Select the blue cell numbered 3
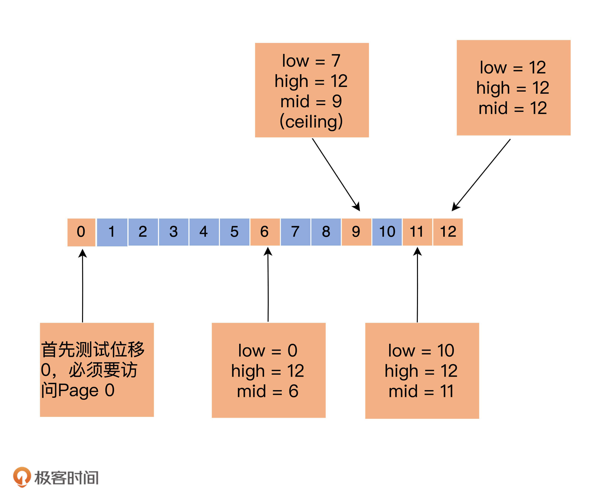(x=174, y=232)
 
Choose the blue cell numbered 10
(x=387, y=232)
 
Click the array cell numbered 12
(x=448, y=232)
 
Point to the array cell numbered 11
(x=417, y=232)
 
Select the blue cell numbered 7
(x=295, y=232)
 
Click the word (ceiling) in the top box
(x=311, y=122)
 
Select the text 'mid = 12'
(x=513, y=108)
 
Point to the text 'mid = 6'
(x=268, y=391)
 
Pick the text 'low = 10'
(x=421, y=350)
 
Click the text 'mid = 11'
(x=421, y=391)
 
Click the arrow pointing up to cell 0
(x=83, y=286)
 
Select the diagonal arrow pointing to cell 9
(x=336, y=175)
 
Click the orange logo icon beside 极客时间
(x=22, y=477)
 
